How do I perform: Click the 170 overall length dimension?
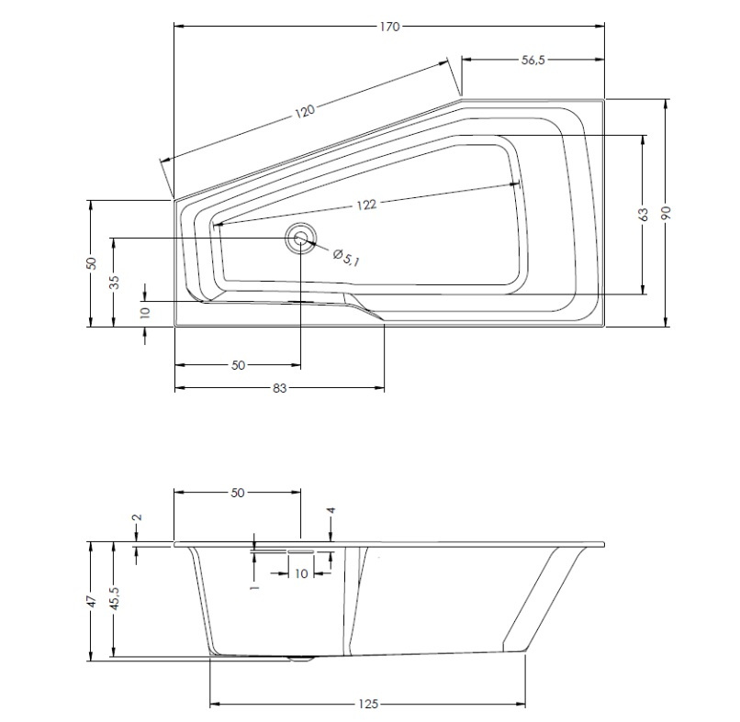click(x=390, y=27)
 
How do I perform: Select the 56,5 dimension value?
click(x=533, y=60)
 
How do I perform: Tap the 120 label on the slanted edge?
click(x=305, y=112)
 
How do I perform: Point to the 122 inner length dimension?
click(x=366, y=205)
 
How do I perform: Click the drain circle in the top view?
click(x=300, y=239)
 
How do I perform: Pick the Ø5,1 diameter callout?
click(x=346, y=258)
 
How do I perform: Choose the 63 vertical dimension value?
click(x=643, y=214)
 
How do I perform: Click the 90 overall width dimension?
click(x=666, y=213)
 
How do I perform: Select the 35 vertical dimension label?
click(x=114, y=282)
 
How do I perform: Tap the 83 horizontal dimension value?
click(x=279, y=388)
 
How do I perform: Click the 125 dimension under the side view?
click(x=367, y=704)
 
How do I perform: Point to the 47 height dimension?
click(x=92, y=601)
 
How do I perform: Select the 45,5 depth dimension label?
click(x=115, y=599)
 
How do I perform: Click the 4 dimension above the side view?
click(x=331, y=510)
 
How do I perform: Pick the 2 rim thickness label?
click(x=138, y=517)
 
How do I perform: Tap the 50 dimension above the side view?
click(x=238, y=493)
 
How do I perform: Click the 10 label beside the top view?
click(x=145, y=312)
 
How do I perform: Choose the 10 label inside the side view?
click(x=301, y=573)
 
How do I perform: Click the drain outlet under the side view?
click(x=302, y=659)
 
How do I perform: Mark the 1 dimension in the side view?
click(x=255, y=587)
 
